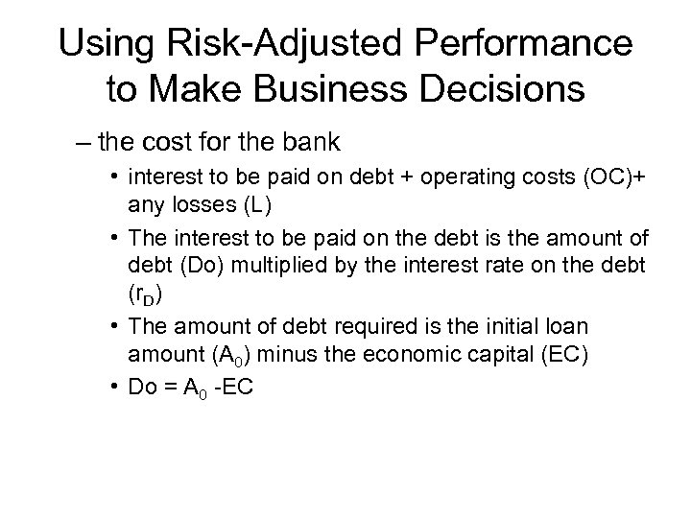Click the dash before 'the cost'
pyautogui.click(x=86, y=144)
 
